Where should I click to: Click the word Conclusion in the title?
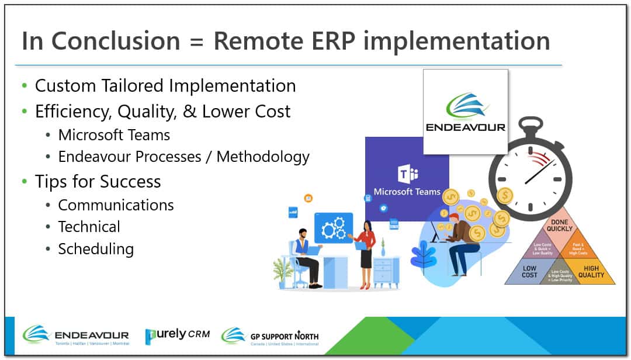coord(115,41)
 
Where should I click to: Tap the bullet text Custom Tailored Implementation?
coord(165,86)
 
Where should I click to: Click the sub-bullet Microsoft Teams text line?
coord(114,135)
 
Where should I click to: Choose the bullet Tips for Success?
coord(98,181)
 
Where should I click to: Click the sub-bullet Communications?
coord(116,205)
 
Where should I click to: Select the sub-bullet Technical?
coord(89,227)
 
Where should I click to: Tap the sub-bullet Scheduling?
coord(96,249)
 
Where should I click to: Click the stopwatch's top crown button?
coord(531,123)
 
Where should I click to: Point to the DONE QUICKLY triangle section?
coord(560,226)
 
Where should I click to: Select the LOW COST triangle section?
coord(529,272)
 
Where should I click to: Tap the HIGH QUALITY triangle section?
coord(591,272)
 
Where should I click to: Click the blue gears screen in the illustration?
coord(334,228)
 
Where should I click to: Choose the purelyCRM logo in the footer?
coord(174,335)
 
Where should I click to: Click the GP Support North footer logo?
coord(270,336)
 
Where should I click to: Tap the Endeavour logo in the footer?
coord(76,335)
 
